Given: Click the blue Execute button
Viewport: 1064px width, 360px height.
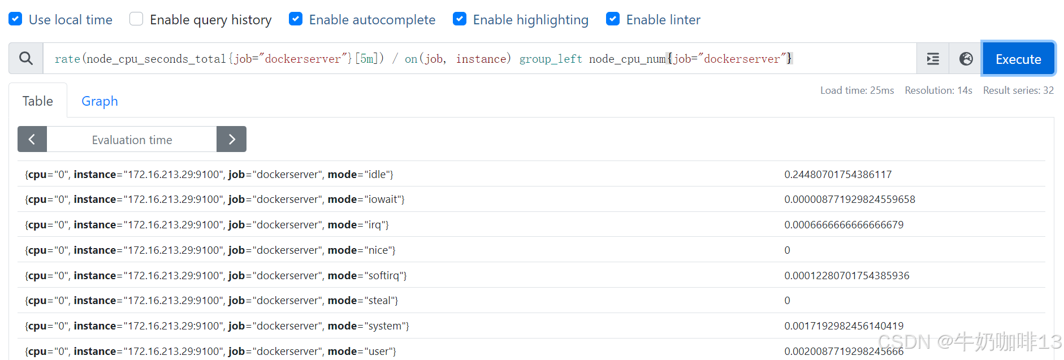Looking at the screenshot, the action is click(x=1018, y=59).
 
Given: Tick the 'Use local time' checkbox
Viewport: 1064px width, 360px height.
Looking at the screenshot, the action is click(x=16, y=19).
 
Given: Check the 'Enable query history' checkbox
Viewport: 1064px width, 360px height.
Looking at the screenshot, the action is click(x=136, y=19).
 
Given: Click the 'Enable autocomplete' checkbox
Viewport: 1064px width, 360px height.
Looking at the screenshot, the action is click(x=296, y=19).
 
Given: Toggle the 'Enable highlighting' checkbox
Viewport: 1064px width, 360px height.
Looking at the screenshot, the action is click(x=460, y=19).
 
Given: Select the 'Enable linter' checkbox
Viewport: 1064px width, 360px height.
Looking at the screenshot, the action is click(x=613, y=19).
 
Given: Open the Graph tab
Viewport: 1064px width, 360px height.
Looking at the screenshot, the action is click(x=100, y=101).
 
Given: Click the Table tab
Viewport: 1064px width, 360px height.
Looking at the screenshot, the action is click(x=38, y=101).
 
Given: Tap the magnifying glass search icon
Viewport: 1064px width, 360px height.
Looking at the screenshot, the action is click(x=26, y=58).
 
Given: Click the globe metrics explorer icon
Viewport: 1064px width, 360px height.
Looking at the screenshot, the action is click(x=966, y=59).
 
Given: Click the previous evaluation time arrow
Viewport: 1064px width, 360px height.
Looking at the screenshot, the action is click(x=32, y=140).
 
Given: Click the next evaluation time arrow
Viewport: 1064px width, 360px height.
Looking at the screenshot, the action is click(x=231, y=140).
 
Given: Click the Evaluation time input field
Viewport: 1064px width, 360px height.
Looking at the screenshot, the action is click(x=132, y=140).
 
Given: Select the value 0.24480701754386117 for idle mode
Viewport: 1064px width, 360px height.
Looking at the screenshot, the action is click(x=838, y=175).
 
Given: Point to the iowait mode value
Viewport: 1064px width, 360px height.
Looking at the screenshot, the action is click(x=849, y=199).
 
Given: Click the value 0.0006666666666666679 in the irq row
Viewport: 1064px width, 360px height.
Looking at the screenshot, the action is click(x=844, y=225).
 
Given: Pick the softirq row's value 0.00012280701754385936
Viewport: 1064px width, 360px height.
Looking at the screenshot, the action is click(x=846, y=276).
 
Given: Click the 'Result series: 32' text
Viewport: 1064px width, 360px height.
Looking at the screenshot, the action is click(x=1018, y=90).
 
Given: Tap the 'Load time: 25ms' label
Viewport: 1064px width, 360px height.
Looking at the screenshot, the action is click(x=857, y=90).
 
